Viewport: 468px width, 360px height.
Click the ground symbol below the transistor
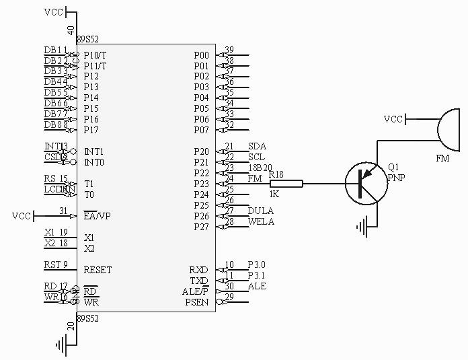[366, 229]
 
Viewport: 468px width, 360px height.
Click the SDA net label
[256, 146]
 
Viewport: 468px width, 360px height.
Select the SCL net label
[256, 157]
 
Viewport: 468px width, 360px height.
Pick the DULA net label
[260, 211]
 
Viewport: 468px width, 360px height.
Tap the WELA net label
[261, 221]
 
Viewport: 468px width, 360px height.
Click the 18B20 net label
[260, 168]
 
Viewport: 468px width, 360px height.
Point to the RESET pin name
[97, 270]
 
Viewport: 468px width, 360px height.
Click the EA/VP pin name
[97, 216]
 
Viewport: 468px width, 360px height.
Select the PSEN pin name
[197, 302]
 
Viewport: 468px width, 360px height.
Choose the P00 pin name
[201, 55]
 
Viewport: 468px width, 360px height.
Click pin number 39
[229, 50]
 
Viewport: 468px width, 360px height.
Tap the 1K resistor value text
[274, 194]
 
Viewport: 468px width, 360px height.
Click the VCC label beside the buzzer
[393, 119]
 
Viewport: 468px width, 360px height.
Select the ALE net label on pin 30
[257, 286]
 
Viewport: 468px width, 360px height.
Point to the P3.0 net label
[257, 264]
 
